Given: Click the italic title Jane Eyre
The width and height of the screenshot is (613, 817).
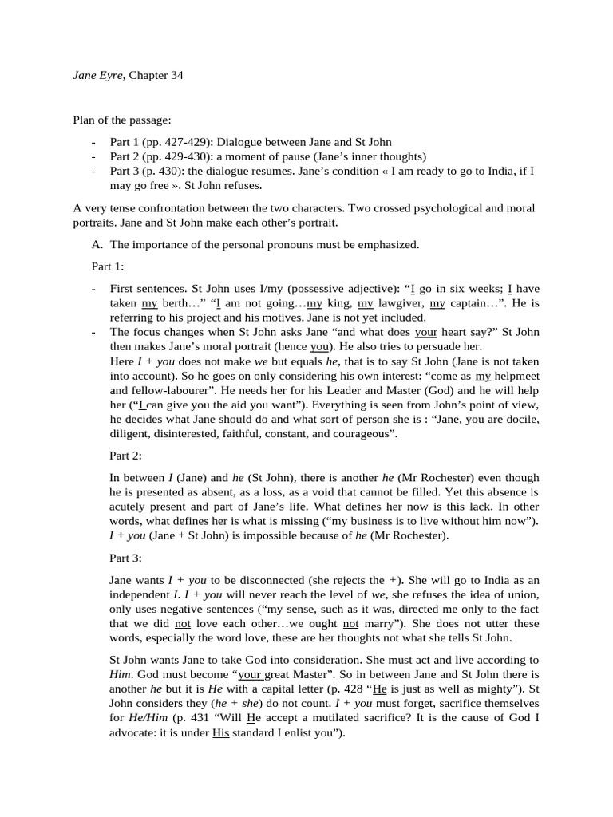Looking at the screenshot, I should tap(97, 75).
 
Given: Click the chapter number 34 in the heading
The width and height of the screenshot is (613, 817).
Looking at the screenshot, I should tap(185, 75).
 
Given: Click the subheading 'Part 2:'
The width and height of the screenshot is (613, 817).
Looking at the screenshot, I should tap(125, 456).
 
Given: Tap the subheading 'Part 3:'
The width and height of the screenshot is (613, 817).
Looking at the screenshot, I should tap(125, 558).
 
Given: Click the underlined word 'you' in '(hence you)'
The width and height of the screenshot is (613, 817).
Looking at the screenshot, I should tap(318, 347).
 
